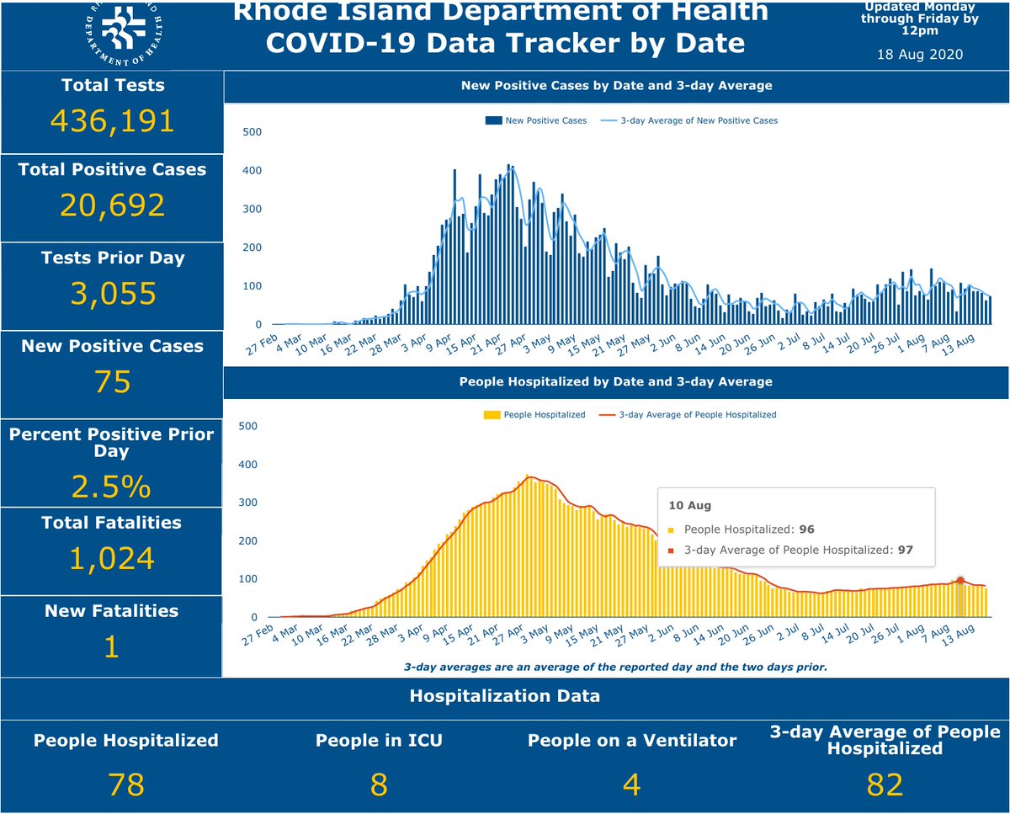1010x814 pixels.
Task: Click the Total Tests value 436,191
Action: coord(112,121)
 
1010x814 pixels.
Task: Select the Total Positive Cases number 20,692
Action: coord(112,206)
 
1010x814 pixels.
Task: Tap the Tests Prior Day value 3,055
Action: coord(112,294)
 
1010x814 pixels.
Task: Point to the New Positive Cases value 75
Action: coord(112,382)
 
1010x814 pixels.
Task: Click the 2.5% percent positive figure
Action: coord(112,487)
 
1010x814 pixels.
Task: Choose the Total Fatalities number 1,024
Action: coord(112,558)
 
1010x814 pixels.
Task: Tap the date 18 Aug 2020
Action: coord(920,54)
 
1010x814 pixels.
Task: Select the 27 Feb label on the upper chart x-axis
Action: coord(263,345)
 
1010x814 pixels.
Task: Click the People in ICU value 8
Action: coord(378,785)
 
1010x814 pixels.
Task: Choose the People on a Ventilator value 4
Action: coord(631,785)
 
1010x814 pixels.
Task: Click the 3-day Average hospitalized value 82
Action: coord(885,785)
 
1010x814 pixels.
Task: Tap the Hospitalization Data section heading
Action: coord(505,696)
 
